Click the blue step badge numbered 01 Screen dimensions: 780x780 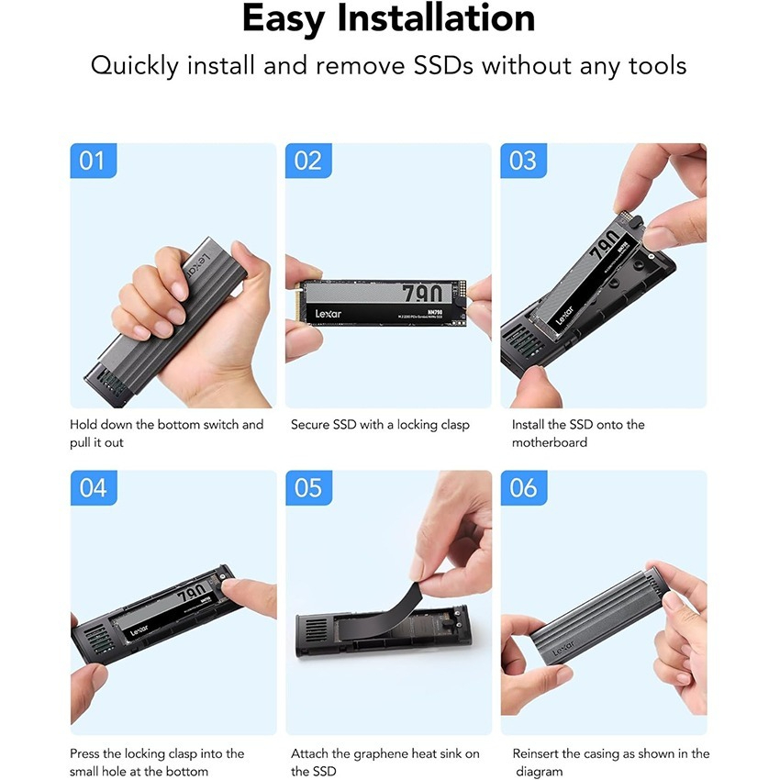point(93,161)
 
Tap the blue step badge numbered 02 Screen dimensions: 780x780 point(308,161)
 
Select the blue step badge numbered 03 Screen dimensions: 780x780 point(523,161)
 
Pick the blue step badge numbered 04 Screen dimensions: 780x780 point(94,487)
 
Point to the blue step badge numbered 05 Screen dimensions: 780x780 point(308,487)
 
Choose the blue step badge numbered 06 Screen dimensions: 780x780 point(524,487)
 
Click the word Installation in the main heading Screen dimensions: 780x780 point(436,18)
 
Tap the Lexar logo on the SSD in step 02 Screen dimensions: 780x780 point(329,314)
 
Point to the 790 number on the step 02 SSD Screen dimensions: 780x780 point(422,293)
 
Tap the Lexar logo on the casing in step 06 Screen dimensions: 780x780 point(563,649)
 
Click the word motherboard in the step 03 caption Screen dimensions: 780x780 point(550,442)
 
